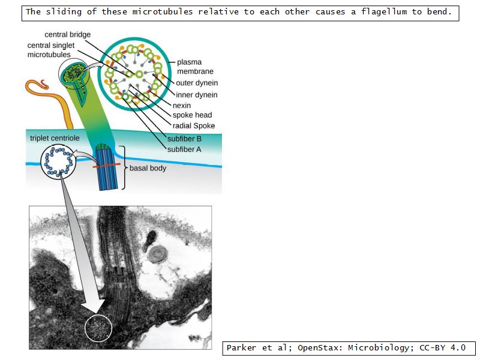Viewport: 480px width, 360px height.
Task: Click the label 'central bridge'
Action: (x=68, y=35)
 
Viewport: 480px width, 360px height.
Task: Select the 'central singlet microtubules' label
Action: (x=51, y=50)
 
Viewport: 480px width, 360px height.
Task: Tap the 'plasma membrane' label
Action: (x=195, y=67)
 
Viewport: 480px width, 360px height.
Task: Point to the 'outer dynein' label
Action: (x=197, y=83)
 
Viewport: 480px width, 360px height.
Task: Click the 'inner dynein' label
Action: (x=197, y=95)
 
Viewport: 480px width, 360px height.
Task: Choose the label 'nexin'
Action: (x=182, y=106)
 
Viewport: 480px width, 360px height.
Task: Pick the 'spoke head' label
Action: (x=192, y=115)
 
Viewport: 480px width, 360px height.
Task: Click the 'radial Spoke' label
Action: (x=194, y=126)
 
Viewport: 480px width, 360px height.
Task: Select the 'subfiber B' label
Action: (x=184, y=139)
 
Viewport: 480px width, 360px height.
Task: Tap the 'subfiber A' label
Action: (x=184, y=149)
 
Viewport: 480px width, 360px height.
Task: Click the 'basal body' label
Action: (x=148, y=168)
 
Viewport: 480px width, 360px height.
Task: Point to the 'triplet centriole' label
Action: (x=55, y=138)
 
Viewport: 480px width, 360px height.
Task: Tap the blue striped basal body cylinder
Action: (x=107, y=167)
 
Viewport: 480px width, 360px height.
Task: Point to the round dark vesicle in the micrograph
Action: (x=157, y=254)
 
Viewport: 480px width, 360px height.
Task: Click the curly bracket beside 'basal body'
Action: (x=124, y=168)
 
